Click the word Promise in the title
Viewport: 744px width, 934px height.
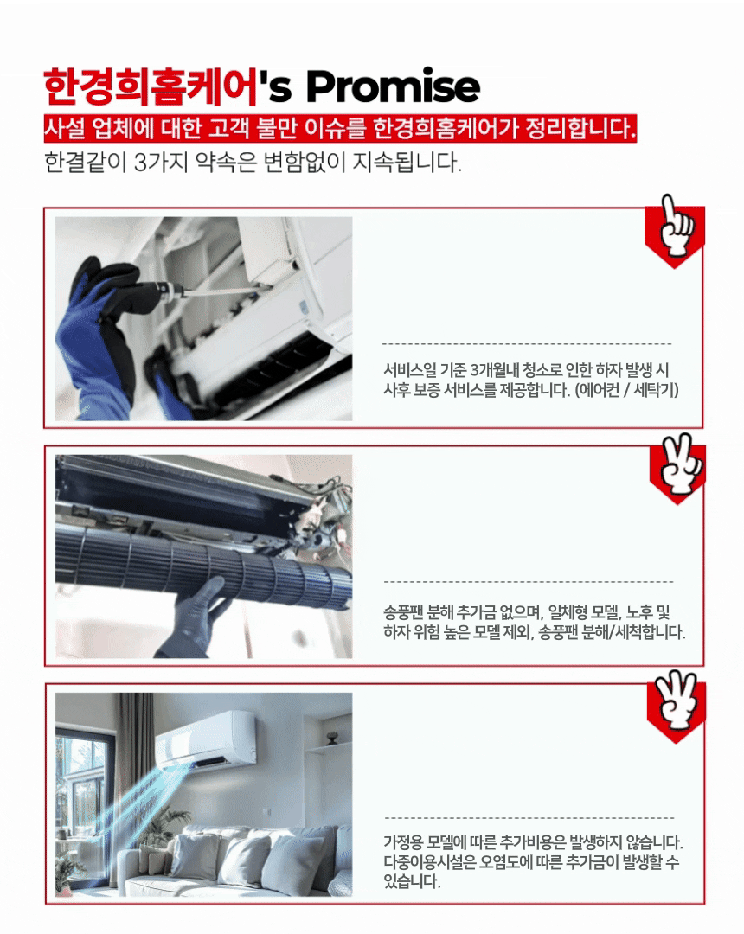(393, 87)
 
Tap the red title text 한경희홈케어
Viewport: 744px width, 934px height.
(151, 87)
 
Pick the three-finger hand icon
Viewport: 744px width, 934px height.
(677, 700)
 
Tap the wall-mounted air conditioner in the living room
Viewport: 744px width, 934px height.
(206, 739)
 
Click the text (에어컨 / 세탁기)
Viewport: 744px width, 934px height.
(626, 389)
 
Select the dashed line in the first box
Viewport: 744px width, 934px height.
(527, 343)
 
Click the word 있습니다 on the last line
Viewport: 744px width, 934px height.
(412, 880)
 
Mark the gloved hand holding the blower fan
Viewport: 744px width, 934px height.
(194, 619)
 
